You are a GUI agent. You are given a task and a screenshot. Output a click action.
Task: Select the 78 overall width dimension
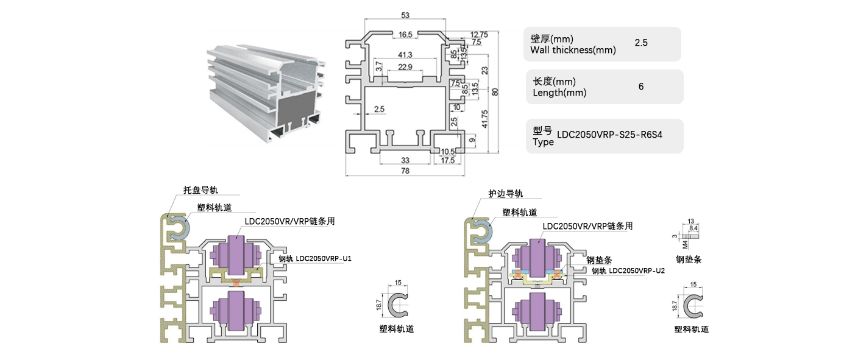pos(405,171)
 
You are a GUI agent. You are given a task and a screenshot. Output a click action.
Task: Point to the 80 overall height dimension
pos(495,91)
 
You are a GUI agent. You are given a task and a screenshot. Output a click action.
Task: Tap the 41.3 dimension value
pos(405,55)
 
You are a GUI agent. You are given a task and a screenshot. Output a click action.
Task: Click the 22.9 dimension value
pos(405,66)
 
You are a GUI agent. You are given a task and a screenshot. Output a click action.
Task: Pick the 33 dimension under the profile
pos(405,160)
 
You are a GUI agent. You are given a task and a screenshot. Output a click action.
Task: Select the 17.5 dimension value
pos(447,160)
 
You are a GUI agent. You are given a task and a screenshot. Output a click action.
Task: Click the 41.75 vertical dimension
pos(484,118)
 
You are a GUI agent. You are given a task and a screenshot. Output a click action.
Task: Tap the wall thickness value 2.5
pos(641,43)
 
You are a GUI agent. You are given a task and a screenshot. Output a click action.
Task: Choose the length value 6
pos(641,86)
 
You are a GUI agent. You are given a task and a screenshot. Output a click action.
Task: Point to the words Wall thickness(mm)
pos(573,50)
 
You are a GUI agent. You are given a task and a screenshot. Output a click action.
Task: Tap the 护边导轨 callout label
pos(505,194)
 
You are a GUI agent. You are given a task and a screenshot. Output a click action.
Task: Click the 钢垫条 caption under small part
pos(689,259)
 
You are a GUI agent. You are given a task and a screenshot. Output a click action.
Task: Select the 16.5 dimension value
pos(405,35)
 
